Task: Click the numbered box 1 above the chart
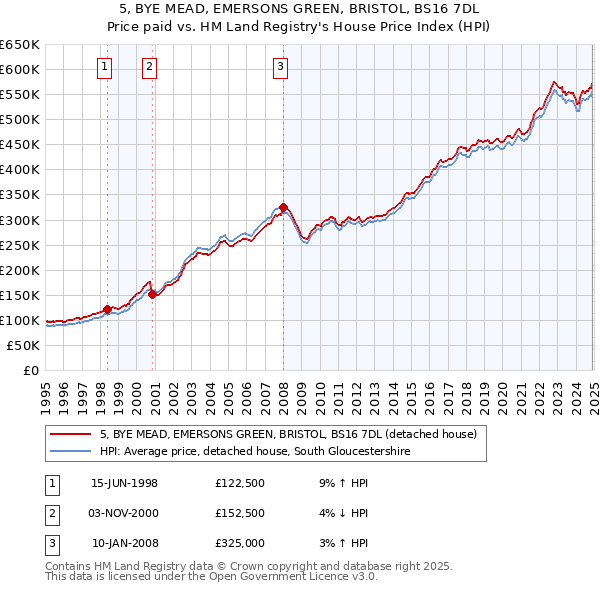[x=105, y=67]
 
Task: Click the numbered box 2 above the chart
[x=149, y=67]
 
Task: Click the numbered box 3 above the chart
[x=280, y=67]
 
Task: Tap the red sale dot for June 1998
[x=108, y=308]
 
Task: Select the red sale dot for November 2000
[x=152, y=294]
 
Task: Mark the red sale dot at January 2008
[x=283, y=207]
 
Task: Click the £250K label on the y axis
[x=19, y=245]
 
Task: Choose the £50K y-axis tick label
[x=23, y=345]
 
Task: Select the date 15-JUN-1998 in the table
[x=124, y=483]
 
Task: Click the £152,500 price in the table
[x=239, y=513]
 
